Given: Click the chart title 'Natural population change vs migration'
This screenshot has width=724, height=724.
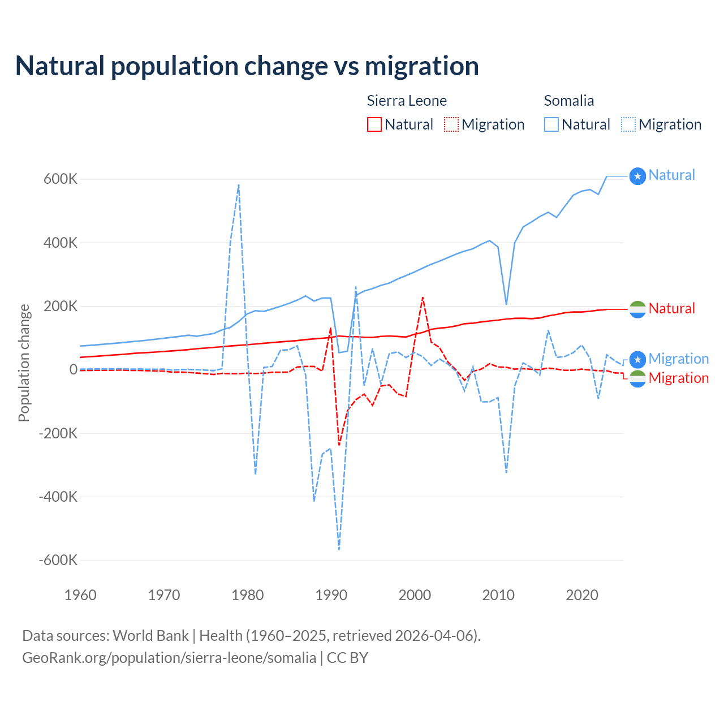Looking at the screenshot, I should coord(247,66).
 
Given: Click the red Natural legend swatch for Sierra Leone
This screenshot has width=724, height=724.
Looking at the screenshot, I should coord(374,124).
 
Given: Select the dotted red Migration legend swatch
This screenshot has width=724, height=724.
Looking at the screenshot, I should coord(451,124).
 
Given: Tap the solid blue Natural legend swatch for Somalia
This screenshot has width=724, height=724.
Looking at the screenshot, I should coord(551,124).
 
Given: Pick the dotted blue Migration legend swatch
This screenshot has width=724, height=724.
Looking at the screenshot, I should coord(628,124).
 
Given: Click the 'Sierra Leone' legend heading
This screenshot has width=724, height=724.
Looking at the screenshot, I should coord(407,101).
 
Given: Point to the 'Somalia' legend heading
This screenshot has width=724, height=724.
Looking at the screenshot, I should coord(568,101).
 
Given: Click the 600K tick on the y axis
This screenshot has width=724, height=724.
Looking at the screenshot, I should coord(61,179).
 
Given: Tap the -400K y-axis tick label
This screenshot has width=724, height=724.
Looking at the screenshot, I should coord(58,497).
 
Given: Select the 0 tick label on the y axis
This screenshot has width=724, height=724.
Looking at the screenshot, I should coord(74,369).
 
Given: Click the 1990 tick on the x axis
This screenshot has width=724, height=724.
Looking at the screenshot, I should coord(331,595).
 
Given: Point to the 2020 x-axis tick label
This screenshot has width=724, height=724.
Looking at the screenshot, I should coord(582,595).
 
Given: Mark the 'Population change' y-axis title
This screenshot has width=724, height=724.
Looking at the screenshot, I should coord(24,363).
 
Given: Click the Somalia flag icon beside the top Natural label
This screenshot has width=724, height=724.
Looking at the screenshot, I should coord(637,176).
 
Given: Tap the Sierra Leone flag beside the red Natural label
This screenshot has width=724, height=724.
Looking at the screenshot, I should coord(637,309).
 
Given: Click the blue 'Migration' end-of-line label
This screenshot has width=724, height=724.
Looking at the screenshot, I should coord(678,359).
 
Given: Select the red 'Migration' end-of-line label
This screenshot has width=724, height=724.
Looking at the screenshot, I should coord(678,378).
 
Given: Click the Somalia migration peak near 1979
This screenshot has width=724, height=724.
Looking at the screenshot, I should coord(239,185).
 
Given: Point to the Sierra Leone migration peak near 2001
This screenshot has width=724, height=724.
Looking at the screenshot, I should coord(423,298).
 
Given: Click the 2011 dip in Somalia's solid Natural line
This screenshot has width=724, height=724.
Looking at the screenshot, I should coord(506,304).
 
